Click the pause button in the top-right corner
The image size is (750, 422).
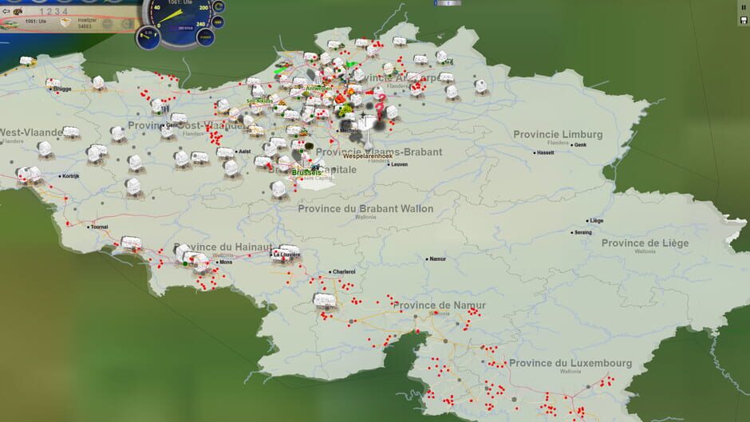click(x=744, y=7)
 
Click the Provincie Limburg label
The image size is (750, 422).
click(x=558, y=134)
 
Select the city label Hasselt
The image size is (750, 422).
click(x=546, y=152)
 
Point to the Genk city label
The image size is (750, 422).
click(x=581, y=146)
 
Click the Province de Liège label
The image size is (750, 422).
click(x=645, y=243)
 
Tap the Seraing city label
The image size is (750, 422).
click(x=585, y=232)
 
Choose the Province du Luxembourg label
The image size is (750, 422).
click(x=570, y=363)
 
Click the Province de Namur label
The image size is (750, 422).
click(x=435, y=305)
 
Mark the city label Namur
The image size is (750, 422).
click(x=437, y=258)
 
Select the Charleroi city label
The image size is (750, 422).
click(x=344, y=271)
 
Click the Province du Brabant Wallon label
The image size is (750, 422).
click(x=365, y=208)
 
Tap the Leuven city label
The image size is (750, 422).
click(x=399, y=164)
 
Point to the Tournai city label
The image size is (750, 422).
click(x=100, y=227)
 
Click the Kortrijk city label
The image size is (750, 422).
click(x=70, y=176)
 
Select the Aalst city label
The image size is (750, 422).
click(x=244, y=150)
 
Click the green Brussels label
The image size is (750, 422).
click(x=306, y=172)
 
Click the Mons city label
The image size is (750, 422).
click(x=226, y=262)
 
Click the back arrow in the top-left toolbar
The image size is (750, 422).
click(x=6, y=11)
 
